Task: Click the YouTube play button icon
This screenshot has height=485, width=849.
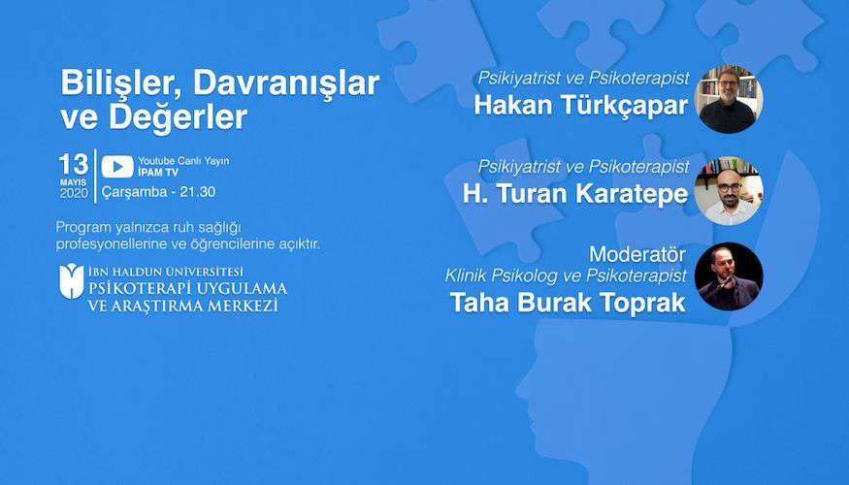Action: coord(117,167)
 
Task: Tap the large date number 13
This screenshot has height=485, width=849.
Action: coord(74,165)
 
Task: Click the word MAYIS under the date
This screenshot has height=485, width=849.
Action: coord(73,182)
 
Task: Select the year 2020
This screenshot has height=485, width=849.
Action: coord(74,193)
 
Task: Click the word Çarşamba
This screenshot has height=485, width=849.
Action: coord(134,192)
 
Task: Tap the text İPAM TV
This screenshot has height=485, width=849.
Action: coord(158,173)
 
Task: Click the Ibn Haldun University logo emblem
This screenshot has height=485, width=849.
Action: coord(72,281)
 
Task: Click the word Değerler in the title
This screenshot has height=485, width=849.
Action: coord(179,117)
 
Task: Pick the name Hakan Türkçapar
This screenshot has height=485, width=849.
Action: coord(581,105)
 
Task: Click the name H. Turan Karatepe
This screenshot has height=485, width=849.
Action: coord(575,194)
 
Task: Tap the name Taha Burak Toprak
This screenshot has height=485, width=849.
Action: coord(568,303)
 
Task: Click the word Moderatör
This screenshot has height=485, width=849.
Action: coord(637,254)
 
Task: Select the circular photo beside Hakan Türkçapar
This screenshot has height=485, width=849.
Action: coord(729,99)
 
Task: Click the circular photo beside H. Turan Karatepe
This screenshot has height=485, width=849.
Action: coord(729,190)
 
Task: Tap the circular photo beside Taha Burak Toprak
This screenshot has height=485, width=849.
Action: coord(729,276)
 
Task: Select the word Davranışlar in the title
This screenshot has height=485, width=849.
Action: coord(286,83)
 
